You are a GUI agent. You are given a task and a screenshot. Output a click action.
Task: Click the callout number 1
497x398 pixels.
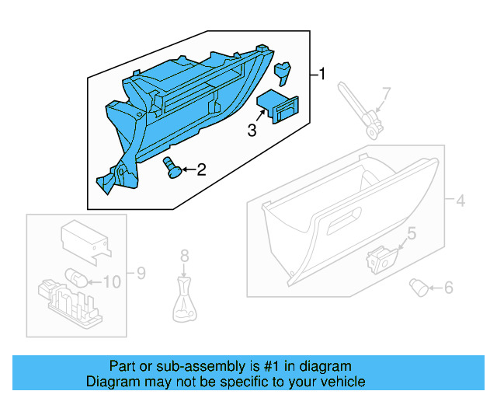(322, 75)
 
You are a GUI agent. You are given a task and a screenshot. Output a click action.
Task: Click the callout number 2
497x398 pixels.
(200, 169)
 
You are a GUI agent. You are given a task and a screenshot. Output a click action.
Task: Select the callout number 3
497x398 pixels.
(252, 131)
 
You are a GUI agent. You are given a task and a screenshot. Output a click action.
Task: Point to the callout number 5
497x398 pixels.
(412, 232)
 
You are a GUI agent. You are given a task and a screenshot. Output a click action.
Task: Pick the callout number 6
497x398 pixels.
(447, 288)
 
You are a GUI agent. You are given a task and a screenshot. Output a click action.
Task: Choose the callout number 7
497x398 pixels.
(386, 95)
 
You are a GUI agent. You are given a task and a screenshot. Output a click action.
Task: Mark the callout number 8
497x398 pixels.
(184, 255)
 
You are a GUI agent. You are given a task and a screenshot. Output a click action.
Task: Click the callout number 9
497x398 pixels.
(141, 273)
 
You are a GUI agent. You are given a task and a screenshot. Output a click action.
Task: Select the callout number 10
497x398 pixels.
(113, 281)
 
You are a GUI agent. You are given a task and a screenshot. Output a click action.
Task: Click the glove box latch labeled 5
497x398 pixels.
(381, 258)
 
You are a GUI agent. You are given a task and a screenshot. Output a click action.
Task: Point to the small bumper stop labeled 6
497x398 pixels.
(420, 288)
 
